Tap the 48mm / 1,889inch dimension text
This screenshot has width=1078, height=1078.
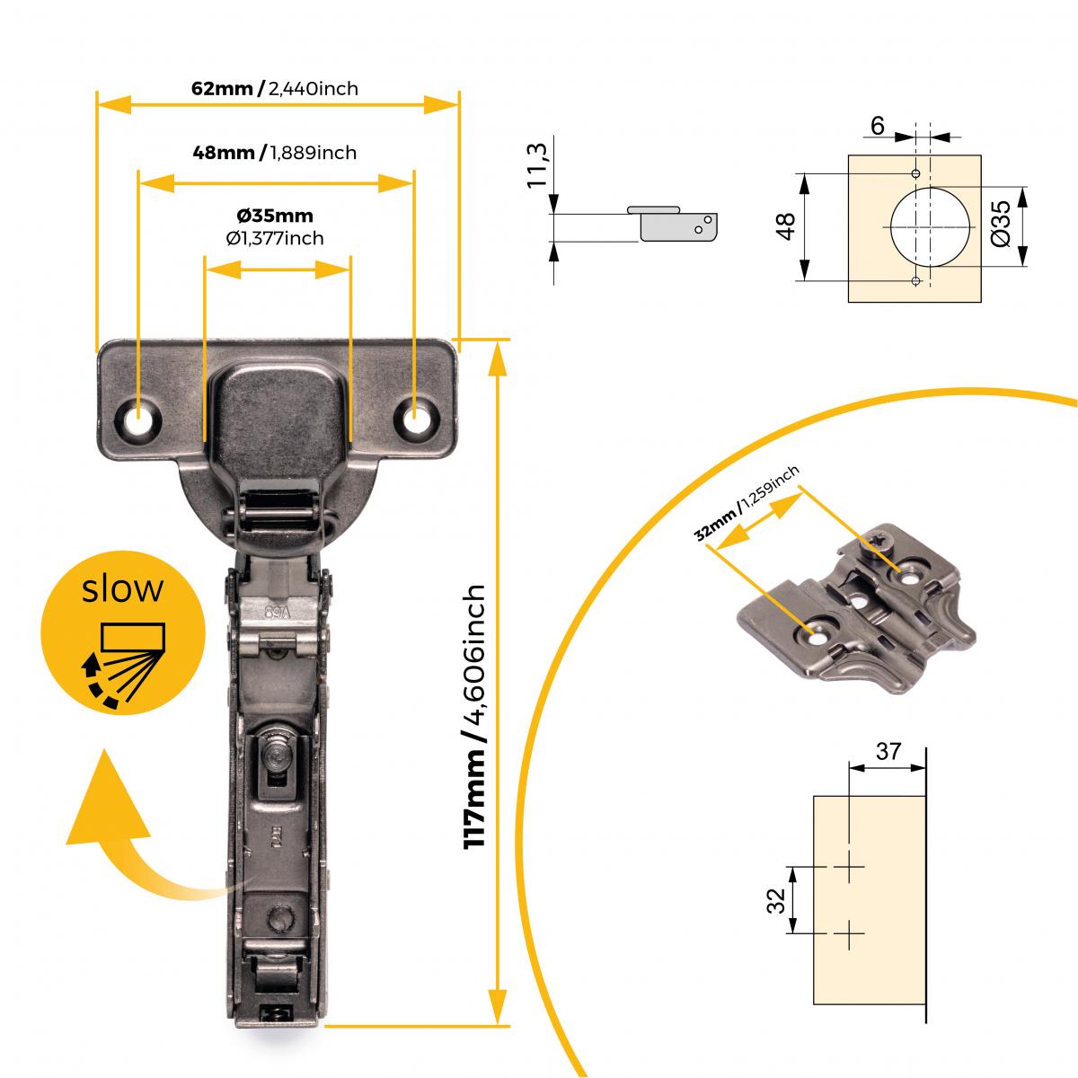pyautogui.click(x=275, y=153)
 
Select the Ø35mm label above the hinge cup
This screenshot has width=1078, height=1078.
pyautogui.click(x=275, y=216)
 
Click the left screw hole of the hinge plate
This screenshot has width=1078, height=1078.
pyautogui.click(x=139, y=419)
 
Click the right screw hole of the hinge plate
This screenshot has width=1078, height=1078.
pyautogui.click(x=415, y=419)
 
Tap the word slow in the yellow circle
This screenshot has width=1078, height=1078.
pyautogui.click(x=123, y=589)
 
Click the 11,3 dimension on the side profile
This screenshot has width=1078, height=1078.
pyautogui.click(x=537, y=163)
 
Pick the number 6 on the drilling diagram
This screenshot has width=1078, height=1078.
pyautogui.click(x=877, y=127)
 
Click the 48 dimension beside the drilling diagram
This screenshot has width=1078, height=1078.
pyautogui.click(x=786, y=226)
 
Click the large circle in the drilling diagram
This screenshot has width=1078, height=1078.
pyautogui.click(x=931, y=226)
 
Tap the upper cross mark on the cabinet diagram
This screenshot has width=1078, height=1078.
pyautogui.click(x=848, y=868)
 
